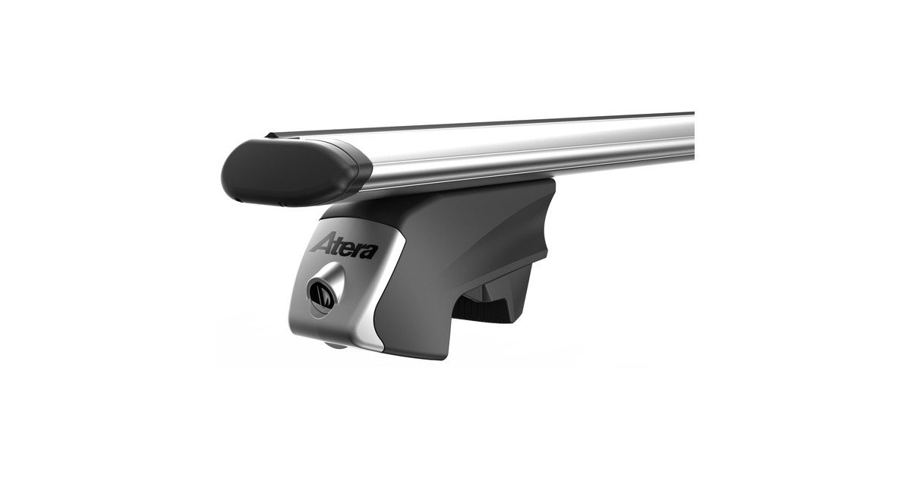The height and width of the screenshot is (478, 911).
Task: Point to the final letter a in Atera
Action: tap(368, 250)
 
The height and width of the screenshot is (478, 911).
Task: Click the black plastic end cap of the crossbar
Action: tap(288, 171)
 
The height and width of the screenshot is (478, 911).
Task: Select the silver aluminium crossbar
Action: tap(531, 152)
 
